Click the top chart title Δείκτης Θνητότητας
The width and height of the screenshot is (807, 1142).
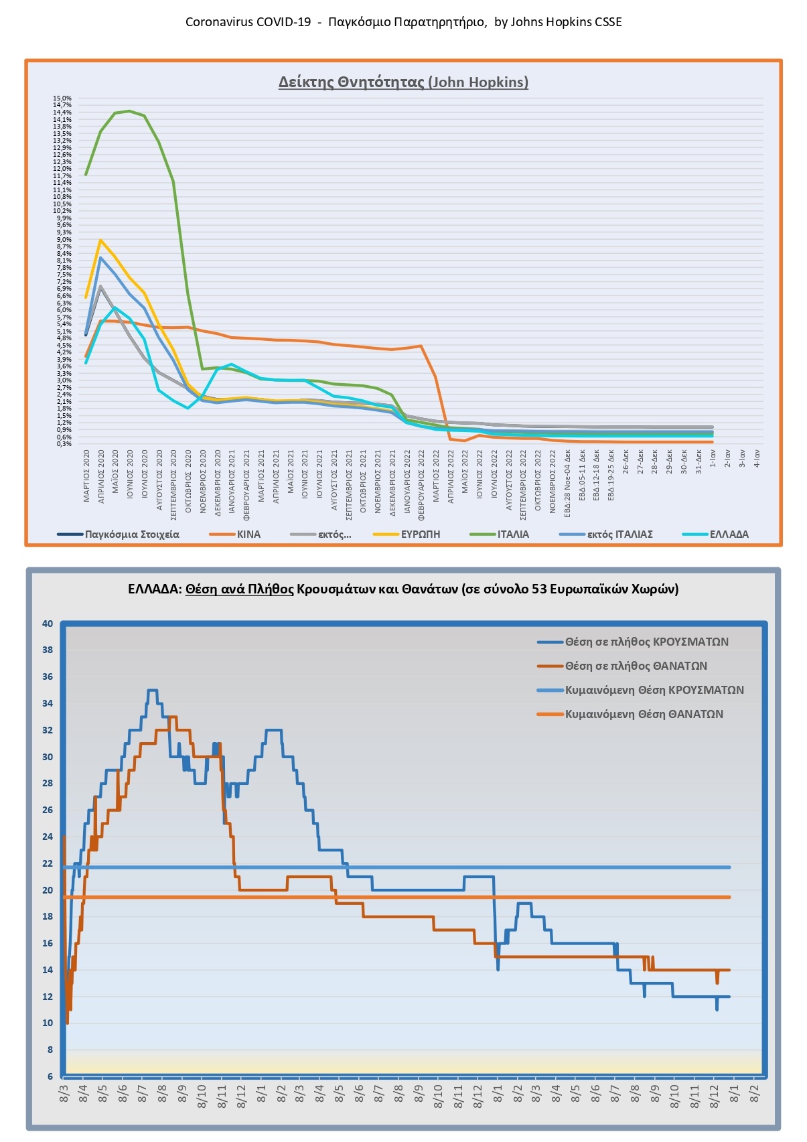coord(403,82)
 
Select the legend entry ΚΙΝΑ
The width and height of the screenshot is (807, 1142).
coord(248,534)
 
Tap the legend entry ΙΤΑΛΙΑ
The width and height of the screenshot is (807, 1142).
coord(513,534)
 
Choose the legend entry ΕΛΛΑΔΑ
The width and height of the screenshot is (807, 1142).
coord(729,534)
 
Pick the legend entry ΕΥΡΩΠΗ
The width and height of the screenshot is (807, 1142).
coord(421,534)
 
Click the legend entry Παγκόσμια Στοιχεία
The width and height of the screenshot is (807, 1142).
coord(132,534)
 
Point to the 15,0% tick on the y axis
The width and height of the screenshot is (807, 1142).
coord(63,98)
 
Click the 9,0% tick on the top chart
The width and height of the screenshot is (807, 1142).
coord(64,240)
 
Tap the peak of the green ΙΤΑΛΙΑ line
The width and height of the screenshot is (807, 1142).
coord(129,111)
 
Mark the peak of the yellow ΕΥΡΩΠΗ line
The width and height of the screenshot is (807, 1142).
coord(100,240)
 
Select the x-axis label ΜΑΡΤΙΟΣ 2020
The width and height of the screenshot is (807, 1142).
coord(87,477)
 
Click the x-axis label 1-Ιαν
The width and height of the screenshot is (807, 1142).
coord(713,459)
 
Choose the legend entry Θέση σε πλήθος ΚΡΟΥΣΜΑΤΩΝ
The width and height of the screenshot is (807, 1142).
coord(646,642)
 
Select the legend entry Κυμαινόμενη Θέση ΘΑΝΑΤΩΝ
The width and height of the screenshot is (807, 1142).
coord(644,714)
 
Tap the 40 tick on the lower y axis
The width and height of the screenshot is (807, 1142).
coord(48,624)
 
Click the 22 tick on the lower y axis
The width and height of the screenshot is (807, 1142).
coord(48,863)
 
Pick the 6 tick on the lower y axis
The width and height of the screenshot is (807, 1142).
coord(50,1076)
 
